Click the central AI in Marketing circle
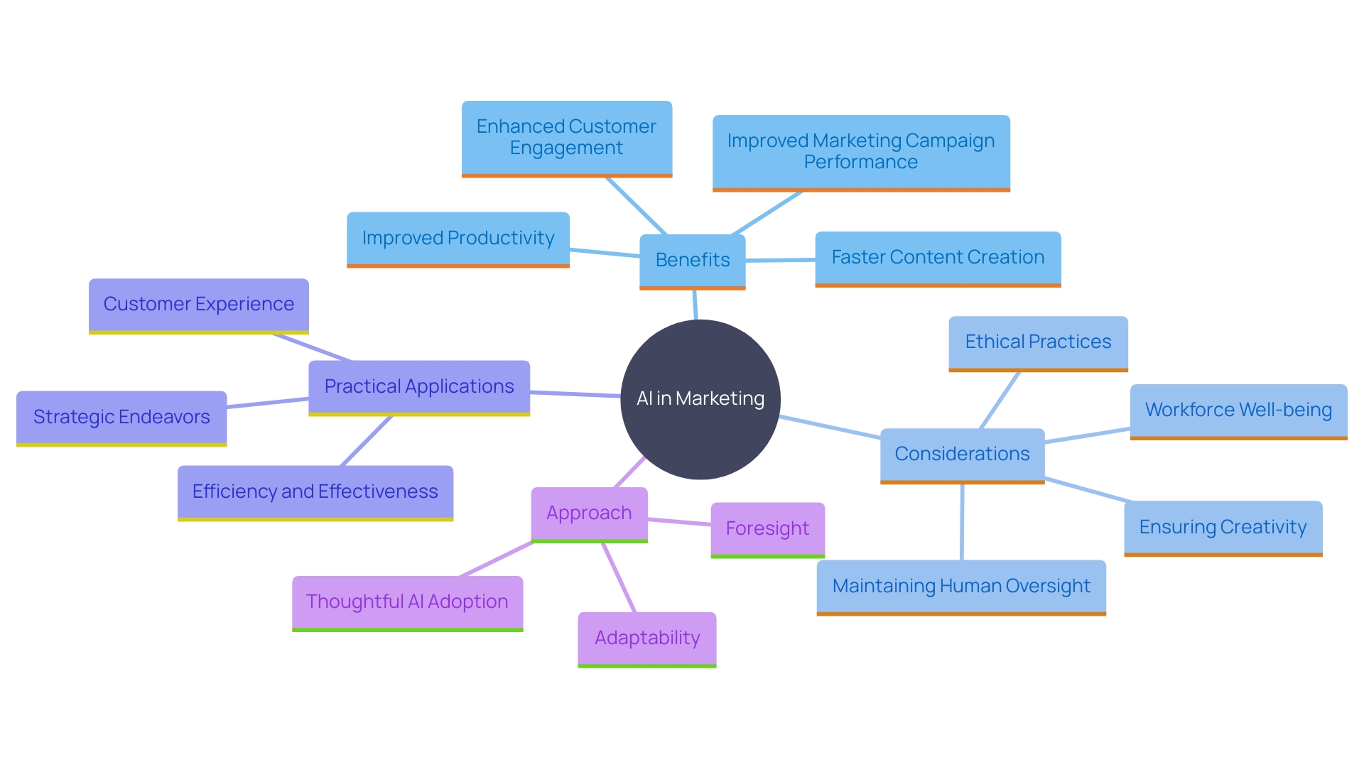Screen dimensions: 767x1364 point(700,399)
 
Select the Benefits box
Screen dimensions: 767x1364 point(693,261)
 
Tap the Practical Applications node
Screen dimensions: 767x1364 point(419,387)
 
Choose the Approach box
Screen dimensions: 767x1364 point(589,513)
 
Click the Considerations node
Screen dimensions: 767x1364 point(962,455)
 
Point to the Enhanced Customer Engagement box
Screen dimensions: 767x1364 point(566,138)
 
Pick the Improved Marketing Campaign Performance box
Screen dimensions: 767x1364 point(861,152)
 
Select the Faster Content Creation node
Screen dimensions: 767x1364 point(938,258)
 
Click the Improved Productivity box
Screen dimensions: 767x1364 point(458,239)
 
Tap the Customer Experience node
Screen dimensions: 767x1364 point(199,305)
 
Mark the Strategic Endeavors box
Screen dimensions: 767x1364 point(121,418)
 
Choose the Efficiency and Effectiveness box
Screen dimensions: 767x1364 point(315,492)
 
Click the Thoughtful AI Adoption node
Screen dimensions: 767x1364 point(407,602)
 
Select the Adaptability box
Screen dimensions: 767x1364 point(647,638)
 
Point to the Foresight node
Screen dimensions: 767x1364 point(767,529)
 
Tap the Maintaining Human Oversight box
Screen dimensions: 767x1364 point(961,587)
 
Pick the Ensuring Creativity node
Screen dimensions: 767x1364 point(1223,528)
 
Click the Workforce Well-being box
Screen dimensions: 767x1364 point(1238,410)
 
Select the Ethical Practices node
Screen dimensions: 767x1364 point(1038,342)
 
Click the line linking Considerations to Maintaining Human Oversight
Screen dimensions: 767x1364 point(962,522)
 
